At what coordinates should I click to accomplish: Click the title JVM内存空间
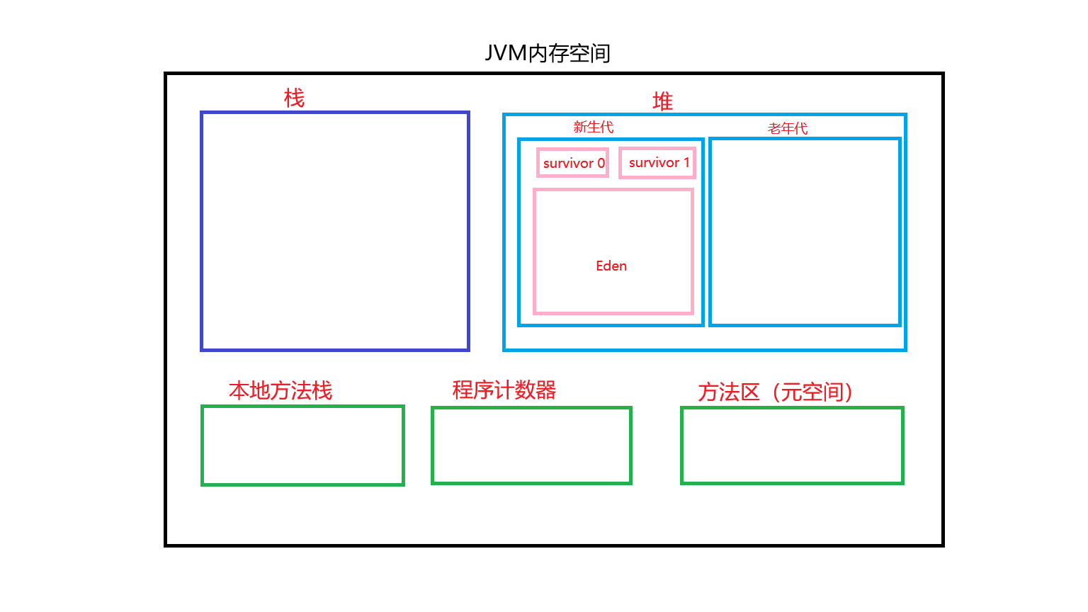click(548, 53)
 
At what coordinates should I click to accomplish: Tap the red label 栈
click(294, 98)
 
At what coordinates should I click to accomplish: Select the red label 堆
click(662, 102)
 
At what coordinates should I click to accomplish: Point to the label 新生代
click(593, 127)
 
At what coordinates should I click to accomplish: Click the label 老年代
click(788, 128)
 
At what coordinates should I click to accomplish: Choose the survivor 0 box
click(572, 163)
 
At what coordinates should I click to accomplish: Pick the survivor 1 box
click(657, 163)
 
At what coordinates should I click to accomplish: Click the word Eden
click(611, 266)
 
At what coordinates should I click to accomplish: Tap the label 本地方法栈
click(280, 390)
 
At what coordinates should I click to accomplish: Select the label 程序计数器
click(504, 390)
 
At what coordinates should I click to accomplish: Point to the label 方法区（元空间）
click(775, 392)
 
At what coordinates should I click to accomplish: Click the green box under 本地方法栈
click(302, 446)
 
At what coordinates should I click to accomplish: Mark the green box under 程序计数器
click(531, 446)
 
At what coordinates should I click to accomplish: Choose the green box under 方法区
click(792, 446)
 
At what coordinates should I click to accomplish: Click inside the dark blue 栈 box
click(335, 231)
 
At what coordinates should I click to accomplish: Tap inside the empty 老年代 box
click(805, 232)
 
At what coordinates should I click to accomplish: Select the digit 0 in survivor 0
click(601, 163)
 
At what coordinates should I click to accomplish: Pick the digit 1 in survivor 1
click(686, 162)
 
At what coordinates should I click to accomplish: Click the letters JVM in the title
click(506, 53)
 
